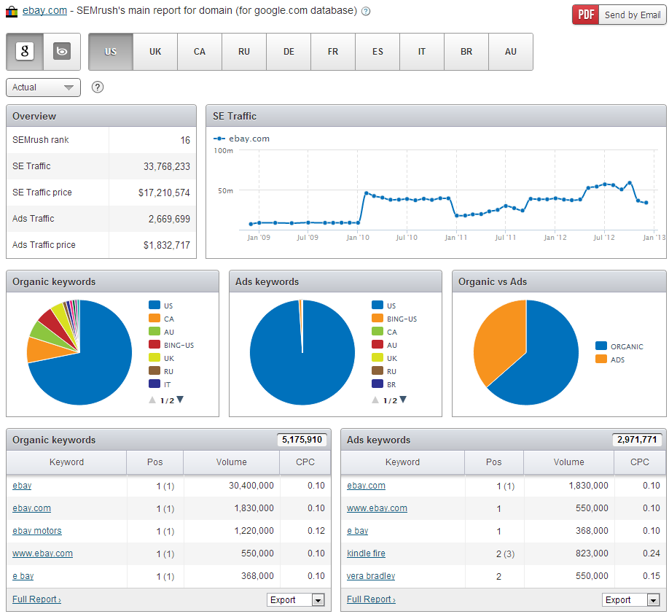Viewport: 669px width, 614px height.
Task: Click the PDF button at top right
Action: [585, 15]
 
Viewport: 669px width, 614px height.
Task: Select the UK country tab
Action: [155, 52]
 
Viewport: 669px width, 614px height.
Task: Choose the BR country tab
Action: [466, 52]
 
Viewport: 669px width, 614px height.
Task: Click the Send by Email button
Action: [632, 15]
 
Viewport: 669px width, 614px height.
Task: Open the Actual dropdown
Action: [43, 88]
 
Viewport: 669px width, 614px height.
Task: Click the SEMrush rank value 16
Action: [185, 140]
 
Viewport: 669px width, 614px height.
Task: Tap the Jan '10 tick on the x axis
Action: [357, 237]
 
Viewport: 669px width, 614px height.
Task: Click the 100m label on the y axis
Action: [223, 150]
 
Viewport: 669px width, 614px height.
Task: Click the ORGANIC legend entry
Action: [626, 346]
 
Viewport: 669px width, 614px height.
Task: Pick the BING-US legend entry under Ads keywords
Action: [402, 319]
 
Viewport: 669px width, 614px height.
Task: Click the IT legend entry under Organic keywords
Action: [168, 384]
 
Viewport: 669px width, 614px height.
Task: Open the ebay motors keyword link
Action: [37, 531]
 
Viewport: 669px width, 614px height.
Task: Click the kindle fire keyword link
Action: [366, 553]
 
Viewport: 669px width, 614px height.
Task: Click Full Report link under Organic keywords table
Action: [36, 599]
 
